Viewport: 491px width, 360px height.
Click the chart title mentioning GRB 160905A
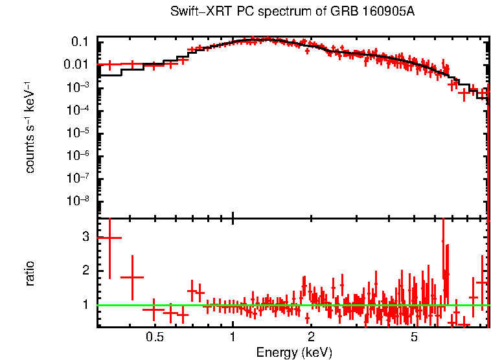pyautogui.click(x=291, y=12)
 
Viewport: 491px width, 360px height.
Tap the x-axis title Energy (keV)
pyautogui.click(x=294, y=352)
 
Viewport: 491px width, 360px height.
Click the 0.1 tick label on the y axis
pyautogui.click(x=80, y=42)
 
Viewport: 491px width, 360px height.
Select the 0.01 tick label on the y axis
pyautogui.click(x=76, y=65)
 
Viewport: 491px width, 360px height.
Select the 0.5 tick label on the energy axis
pyautogui.click(x=154, y=337)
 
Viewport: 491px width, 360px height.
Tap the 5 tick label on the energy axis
pyautogui.click(x=414, y=337)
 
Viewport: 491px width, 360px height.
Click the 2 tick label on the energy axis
pyautogui.click(x=311, y=337)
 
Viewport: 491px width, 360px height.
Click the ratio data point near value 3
pyautogui.click(x=109, y=238)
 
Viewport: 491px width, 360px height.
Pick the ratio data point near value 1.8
pyautogui.click(x=132, y=277)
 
